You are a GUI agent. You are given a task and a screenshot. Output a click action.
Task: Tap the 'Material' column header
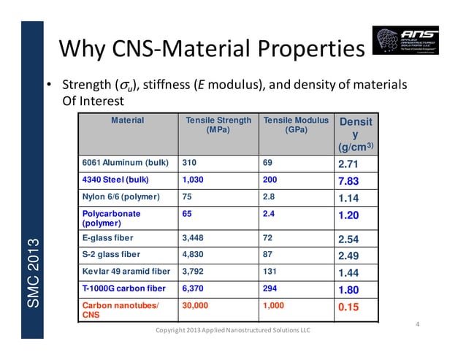tap(126, 120)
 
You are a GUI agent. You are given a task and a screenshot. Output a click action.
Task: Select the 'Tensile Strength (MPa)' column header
tap(218, 125)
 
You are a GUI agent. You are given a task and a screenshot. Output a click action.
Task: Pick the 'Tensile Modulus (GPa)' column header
tap(296, 125)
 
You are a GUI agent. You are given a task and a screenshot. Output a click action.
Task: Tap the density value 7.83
tap(348, 180)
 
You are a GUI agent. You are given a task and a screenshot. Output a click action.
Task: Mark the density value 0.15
tap(348, 307)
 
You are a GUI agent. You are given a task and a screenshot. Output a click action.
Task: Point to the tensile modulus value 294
tap(270, 288)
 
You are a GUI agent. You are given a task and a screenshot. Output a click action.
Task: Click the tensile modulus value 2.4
tap(268, 214)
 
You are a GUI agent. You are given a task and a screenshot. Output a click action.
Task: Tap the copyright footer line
tap(233, 330)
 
